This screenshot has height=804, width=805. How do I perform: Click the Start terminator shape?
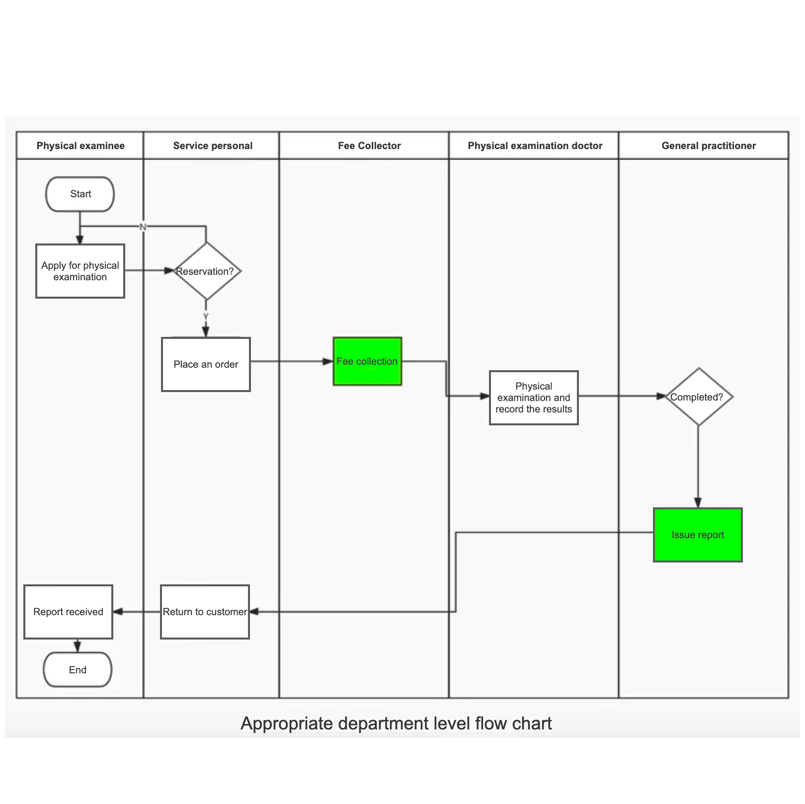pos(80,194)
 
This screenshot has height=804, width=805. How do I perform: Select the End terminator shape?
pos(78,669)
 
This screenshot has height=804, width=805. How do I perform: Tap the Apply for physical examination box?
pos(80,271)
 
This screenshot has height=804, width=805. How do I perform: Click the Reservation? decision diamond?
pos(206,271)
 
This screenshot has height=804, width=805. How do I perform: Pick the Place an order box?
pos(206,364)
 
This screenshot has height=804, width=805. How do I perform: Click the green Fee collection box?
pos(367,361)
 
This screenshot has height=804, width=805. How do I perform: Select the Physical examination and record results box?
pos(534,398)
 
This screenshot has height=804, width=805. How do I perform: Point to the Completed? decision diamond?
pos(698,397)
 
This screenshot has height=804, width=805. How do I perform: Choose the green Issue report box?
pos(698,535)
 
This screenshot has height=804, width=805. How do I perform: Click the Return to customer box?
pos(205,612)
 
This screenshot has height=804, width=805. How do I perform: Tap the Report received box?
pos(68,612)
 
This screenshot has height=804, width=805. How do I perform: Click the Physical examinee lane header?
pos(80,146)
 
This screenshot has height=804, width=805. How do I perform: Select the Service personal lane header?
pos(212,146)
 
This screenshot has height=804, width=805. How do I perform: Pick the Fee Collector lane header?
pos(369,146)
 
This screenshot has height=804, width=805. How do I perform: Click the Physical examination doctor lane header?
pos(535,146)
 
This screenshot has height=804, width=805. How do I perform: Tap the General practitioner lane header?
pos(708,146)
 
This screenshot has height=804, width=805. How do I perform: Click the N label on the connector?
pos(143,227)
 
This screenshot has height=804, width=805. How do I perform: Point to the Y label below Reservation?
pos(206,317)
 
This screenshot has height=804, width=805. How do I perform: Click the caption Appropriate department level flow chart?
pos(396,724)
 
